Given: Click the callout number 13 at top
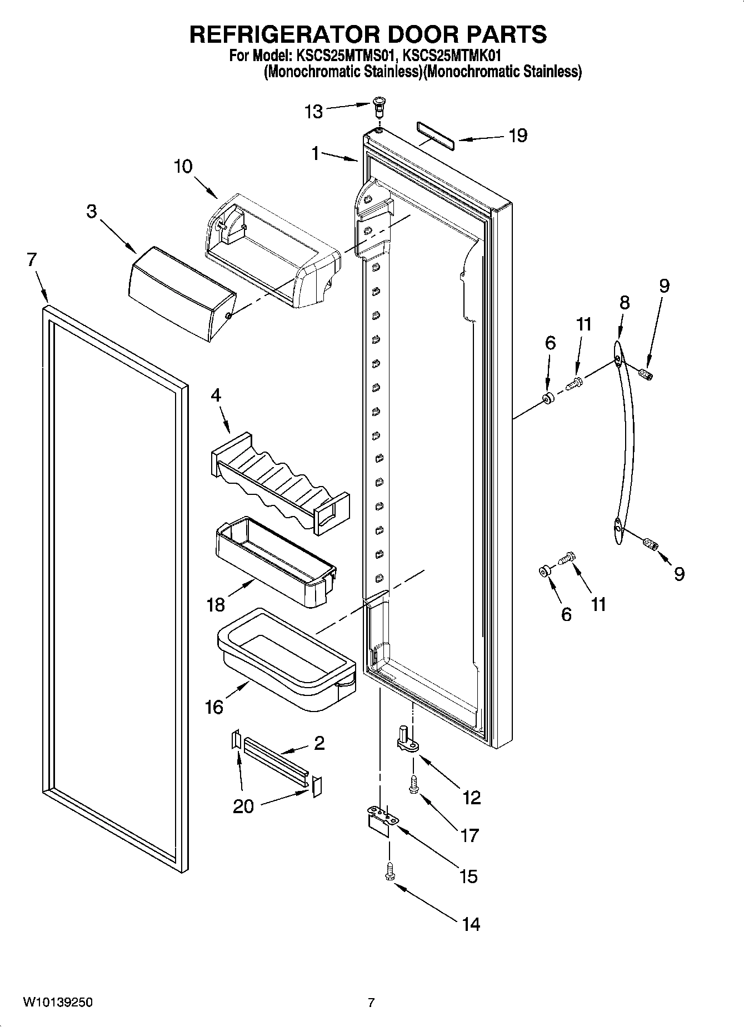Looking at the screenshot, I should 314,112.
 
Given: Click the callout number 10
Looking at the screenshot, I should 183,166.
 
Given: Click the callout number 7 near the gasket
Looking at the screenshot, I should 32,259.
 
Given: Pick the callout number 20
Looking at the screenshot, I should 243,806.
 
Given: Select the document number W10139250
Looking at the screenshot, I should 58,1003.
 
